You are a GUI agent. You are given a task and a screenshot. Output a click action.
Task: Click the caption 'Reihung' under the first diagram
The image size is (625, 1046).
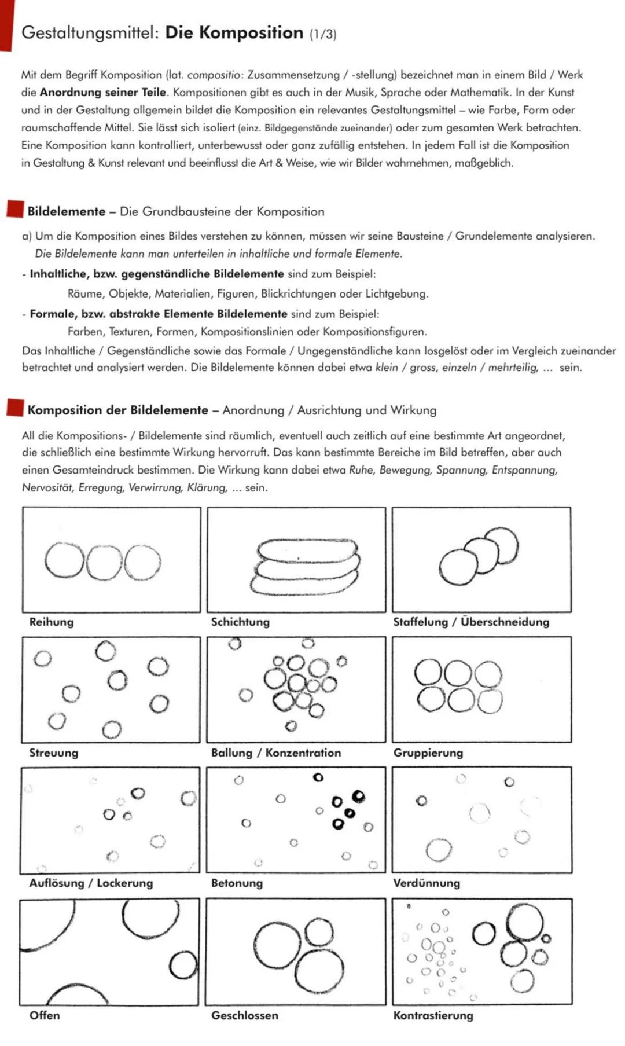click(x=52, y=622)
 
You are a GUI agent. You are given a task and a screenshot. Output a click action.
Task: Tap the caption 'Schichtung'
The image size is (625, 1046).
click(x=240, y=622)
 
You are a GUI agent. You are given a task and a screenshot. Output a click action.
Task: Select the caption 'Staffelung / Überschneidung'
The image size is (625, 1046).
click(x=471, y=622)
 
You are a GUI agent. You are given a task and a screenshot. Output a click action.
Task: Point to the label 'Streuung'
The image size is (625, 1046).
click(x=53, y=753)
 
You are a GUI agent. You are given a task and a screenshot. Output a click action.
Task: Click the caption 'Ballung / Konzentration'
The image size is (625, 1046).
click(x=276, y=753)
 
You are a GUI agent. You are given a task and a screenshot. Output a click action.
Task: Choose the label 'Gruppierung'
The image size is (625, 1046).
click(x=428, y=753)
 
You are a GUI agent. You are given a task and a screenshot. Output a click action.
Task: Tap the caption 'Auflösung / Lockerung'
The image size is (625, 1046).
click(x=91, y=883)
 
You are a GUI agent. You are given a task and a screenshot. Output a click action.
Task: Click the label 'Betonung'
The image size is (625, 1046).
click(x=237, y=883)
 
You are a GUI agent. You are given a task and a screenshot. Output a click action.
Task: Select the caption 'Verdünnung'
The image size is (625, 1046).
click(x=427, y=883)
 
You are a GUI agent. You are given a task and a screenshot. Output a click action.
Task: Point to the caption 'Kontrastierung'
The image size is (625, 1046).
click(x=433, y=1015)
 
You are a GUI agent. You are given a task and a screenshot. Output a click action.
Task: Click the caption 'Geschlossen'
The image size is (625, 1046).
click(x=244, y=1015)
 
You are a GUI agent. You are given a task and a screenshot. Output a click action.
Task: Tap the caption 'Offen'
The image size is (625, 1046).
click(x=45, y=1015)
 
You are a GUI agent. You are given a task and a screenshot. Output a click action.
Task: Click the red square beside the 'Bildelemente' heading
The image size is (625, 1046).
click(x=15, y=209)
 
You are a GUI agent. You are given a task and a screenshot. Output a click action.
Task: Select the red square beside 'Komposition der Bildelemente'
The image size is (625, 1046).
click(x=15, y=408)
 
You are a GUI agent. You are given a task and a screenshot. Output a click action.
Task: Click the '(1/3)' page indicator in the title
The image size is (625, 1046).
click(x=322, y=34)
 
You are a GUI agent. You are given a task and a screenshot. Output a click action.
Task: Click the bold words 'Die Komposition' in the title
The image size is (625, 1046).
click(x=234, y=32)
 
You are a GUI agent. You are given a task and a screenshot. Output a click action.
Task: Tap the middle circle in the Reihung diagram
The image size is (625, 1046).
click(x=105, y=563)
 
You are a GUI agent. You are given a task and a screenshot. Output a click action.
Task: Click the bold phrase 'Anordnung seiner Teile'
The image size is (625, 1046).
click(x=102, y=92)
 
